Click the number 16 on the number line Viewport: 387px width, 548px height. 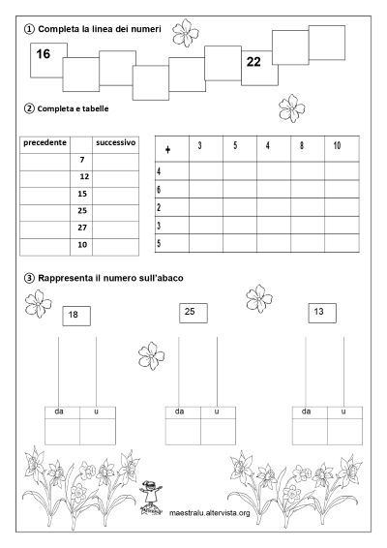42,54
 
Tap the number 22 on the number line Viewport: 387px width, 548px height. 253,62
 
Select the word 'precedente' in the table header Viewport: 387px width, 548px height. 44,142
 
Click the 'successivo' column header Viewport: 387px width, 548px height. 115,142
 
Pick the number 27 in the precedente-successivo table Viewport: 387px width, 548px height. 82,228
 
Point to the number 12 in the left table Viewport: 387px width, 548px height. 84,176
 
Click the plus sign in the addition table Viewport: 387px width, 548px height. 168,149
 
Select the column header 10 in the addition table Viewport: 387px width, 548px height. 337,145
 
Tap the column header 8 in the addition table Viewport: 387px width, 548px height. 302,145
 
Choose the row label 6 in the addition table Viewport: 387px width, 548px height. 159,189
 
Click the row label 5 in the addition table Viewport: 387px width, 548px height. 159,243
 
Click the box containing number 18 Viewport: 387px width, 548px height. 74,315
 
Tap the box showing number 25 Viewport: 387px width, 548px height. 190,311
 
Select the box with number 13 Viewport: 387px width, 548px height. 319,311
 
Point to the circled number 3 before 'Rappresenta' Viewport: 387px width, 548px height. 28,279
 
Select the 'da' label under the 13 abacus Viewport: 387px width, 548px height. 307,412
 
